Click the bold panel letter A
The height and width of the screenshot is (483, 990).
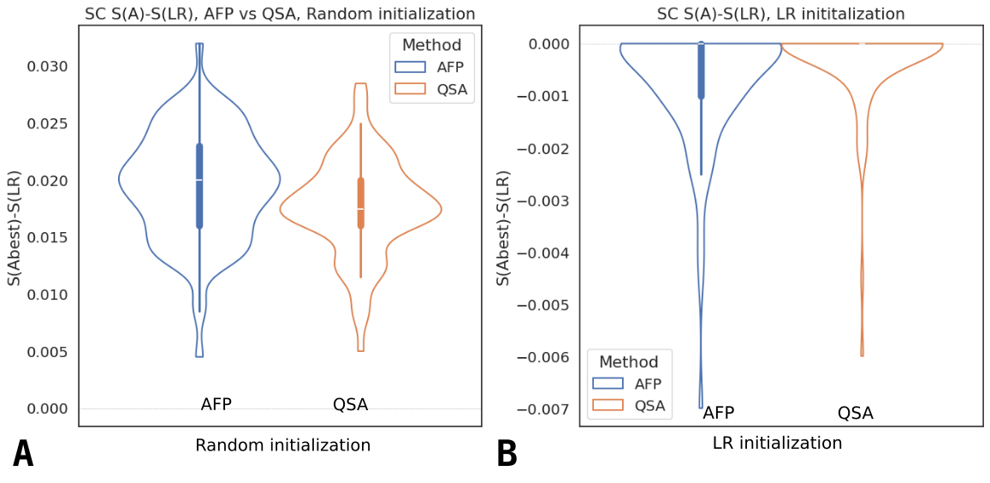coord(23,454)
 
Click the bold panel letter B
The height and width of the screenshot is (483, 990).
coord(507,454)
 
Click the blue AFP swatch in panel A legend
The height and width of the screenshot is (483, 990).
coord(410,67)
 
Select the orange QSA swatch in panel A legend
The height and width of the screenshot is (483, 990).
coord(410,88)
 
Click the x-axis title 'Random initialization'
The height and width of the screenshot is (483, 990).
coord(282,445)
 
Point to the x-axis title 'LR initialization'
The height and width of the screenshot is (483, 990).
coord(777,444)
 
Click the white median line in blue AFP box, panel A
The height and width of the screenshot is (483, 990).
coord(199,180)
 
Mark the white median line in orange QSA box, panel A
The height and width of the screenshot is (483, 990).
coord(360,209)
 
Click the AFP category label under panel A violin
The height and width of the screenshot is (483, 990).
coord(216,404)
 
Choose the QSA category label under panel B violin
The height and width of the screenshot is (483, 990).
coord(855,414)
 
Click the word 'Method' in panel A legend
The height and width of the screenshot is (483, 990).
coord(433,45)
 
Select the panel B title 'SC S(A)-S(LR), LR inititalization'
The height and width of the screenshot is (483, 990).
coord(780,14)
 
